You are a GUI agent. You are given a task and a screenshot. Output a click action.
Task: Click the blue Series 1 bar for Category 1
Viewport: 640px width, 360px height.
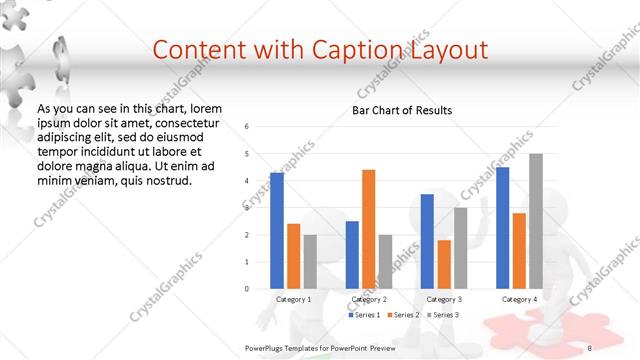coord(277,230)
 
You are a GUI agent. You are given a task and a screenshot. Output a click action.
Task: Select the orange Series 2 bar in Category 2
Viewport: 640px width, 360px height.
coord(369,229)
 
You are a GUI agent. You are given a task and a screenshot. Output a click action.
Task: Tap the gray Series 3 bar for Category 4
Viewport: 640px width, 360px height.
coord(536,221)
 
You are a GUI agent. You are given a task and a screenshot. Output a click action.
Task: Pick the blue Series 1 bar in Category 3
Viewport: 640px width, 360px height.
coord(427,241)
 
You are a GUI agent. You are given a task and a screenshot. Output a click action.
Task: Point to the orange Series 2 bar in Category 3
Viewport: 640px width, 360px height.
coord(444,264)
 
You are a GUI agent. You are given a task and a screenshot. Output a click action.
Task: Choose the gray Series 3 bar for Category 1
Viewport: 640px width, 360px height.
coord(310,261)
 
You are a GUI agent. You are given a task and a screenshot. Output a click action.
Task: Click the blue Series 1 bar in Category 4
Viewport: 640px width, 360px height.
coord(502,227)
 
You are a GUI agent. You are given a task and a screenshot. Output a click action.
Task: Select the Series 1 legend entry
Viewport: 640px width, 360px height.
coord(364,315)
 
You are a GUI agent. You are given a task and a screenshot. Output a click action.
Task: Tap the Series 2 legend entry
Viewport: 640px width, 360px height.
coord(403,315)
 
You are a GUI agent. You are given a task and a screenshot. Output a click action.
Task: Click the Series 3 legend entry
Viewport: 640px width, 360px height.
coord(443,315)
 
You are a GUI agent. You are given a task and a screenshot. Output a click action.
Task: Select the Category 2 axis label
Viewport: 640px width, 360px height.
coord(369,299)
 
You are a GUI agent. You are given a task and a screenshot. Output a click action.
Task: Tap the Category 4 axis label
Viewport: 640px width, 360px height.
coord(519,299)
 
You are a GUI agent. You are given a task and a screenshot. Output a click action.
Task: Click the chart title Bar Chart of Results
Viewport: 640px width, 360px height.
coord(402,110)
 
